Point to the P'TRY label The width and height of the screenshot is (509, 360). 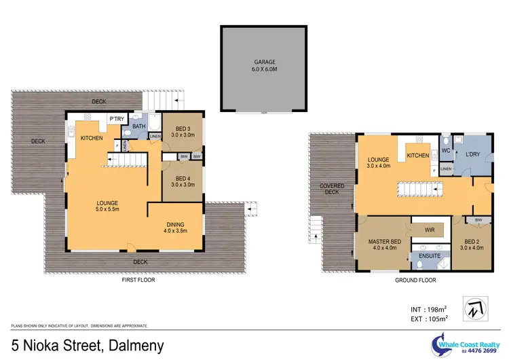click(x=116, y=120)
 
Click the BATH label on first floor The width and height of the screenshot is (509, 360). click(x=138, y=126)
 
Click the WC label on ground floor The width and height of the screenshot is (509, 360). click(x=447, y=151)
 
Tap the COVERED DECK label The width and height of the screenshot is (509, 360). click(x=332, y=189)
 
